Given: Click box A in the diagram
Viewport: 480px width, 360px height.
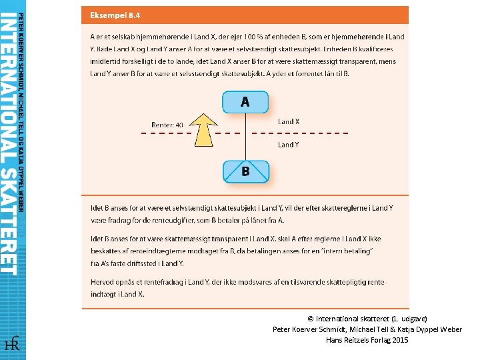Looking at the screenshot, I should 245,102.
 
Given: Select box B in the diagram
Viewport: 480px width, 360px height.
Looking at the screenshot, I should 245,171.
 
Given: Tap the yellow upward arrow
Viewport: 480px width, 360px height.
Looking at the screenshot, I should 205,129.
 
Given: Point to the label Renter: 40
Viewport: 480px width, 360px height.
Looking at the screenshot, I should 167,125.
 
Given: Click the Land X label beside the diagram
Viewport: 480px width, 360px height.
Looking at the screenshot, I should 289,122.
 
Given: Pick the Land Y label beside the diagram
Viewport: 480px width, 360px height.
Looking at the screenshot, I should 289,145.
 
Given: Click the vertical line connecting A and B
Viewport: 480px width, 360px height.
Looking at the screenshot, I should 245,137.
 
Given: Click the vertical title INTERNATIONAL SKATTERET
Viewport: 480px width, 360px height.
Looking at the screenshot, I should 9,143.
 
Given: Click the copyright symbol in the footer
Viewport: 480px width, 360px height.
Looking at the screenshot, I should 311,319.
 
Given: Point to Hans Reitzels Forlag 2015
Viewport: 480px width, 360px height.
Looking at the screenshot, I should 367,340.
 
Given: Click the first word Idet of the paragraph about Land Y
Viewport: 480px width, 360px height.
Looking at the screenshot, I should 97,208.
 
